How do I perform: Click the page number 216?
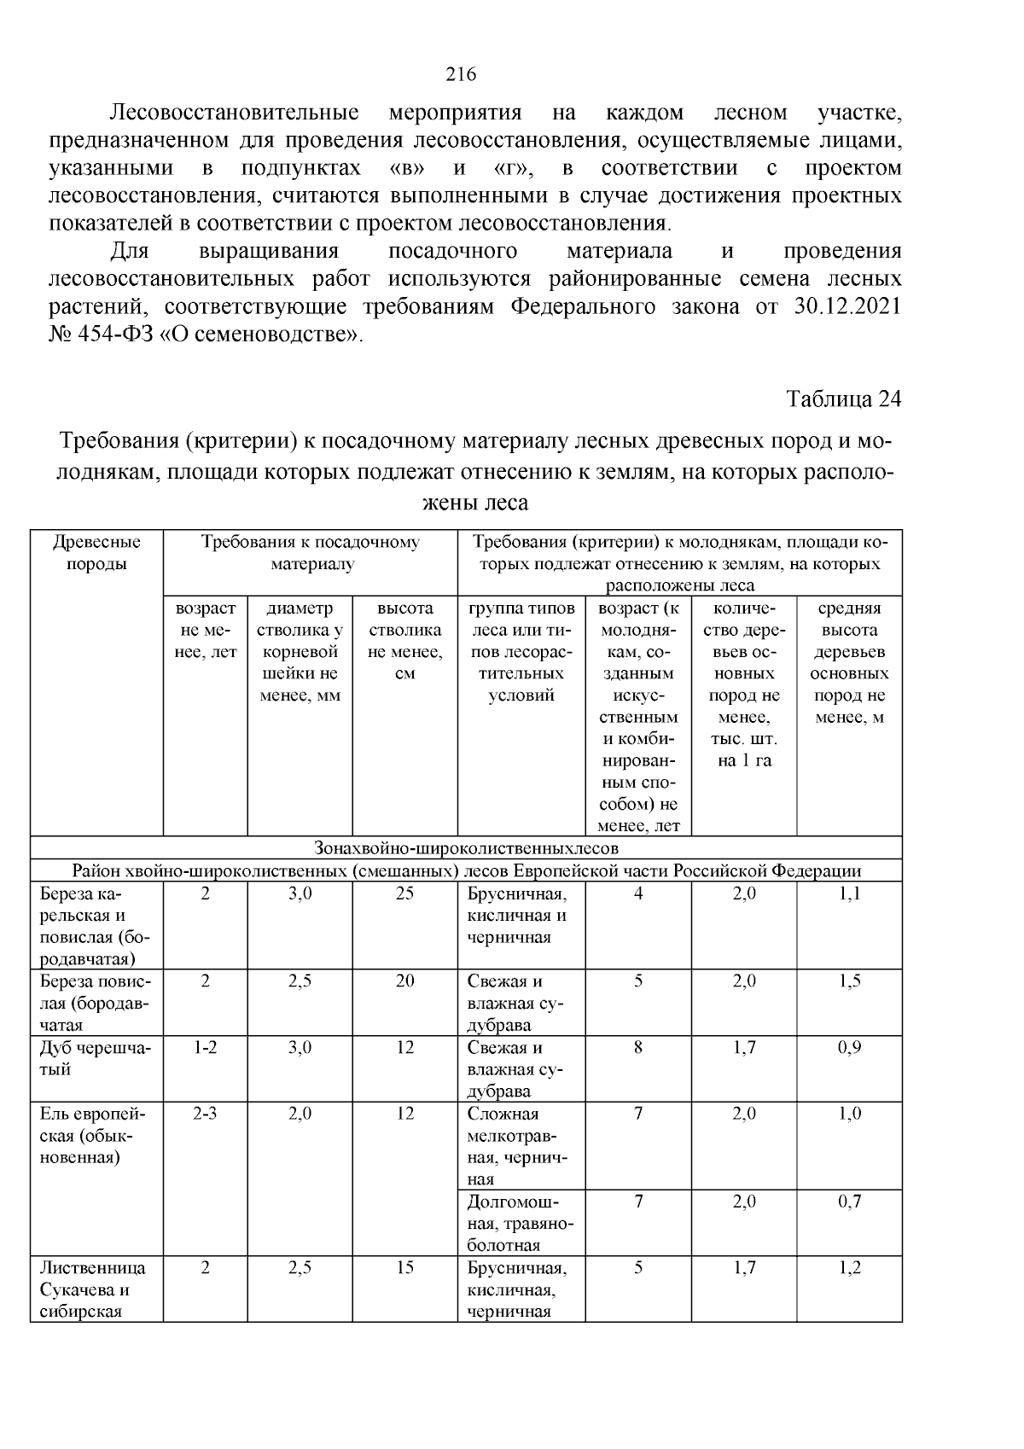[x=461, y=74]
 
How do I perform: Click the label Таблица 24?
[x=843, y=399]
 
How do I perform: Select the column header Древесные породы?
[x=96, y=553]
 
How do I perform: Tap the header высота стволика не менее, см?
[x=404, y=641]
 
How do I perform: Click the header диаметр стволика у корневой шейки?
[x=300, y=651]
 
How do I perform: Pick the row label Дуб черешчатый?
[x=95, y=1058]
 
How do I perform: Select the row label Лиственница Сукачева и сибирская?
[x=92, y=1289]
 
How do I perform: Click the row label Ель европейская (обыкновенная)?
[x=93, y=1135]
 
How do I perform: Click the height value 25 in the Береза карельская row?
[x=404, y=893]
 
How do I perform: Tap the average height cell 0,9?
[x=849, y=1047]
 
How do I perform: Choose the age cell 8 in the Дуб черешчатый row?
[x=637, y=1047]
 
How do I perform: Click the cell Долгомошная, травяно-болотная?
[x=521, y=1223]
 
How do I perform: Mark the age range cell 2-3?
[x=205, y=1113]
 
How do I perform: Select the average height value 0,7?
[x=849, y=1201]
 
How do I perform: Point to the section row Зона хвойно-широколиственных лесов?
[x=466, y=848]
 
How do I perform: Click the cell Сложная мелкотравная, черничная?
[x=516, y=1146]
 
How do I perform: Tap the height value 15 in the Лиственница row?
[x=404, y=1267]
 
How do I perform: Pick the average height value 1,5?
[x=849, y=981]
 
